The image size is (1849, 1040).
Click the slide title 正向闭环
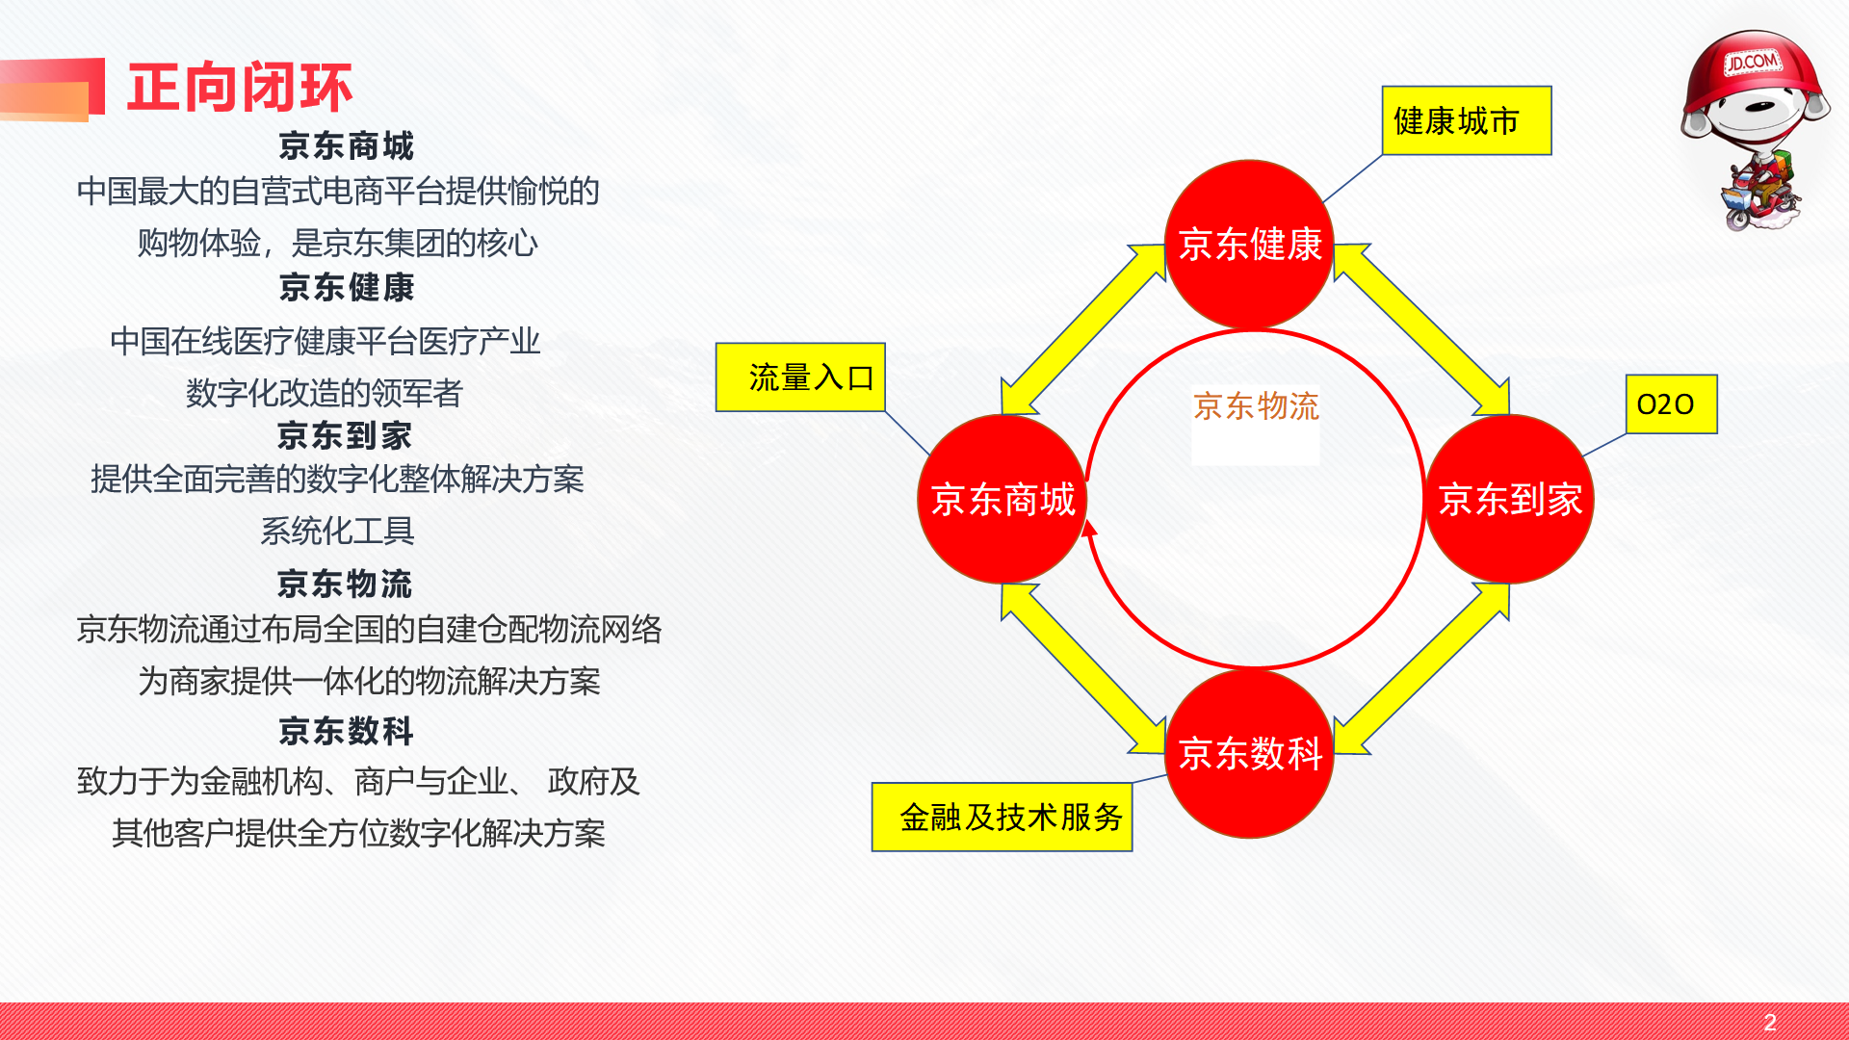(240, 88)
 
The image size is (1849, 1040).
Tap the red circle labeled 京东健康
(1250, 245)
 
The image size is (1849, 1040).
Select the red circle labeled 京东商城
(1003, 499)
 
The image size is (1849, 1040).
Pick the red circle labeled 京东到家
(1509, 499)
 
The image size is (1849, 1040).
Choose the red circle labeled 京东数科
(1250, 753)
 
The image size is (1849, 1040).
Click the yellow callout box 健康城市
(1467, 120)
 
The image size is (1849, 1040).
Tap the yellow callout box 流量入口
(800, 377)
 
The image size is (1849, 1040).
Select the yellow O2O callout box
(1671, 404)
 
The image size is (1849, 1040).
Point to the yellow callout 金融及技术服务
(1002, 817)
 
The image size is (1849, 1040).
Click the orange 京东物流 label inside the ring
(1256, 406)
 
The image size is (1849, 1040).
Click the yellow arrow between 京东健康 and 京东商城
(1083, 329)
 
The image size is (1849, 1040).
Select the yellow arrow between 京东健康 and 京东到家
(1421, 329)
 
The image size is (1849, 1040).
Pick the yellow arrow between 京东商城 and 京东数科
(1083, 668)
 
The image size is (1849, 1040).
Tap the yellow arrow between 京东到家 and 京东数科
(1421, 668)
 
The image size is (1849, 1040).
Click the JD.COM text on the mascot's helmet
(1752, 63)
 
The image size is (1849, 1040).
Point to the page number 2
(1770, 1022)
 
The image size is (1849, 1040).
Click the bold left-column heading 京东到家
(345, 435)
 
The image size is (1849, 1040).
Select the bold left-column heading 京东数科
(346, 731)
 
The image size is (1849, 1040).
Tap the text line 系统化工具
(337, 531)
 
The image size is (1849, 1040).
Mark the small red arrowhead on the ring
(1089, 528)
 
